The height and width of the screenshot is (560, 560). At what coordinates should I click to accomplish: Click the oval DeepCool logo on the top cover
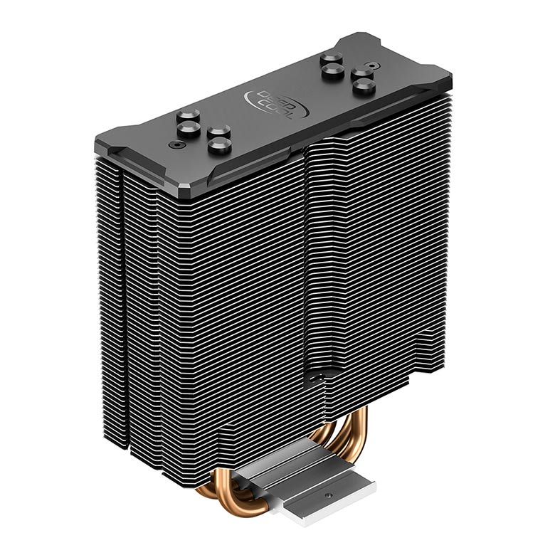point(276,104)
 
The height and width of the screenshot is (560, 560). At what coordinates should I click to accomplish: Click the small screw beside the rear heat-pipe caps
point(371,66)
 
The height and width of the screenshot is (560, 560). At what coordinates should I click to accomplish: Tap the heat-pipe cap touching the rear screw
point(361,74)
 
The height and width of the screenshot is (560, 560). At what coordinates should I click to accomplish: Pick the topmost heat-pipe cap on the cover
point(332,60)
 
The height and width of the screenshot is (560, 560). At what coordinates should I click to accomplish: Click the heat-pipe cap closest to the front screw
point(189,130)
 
